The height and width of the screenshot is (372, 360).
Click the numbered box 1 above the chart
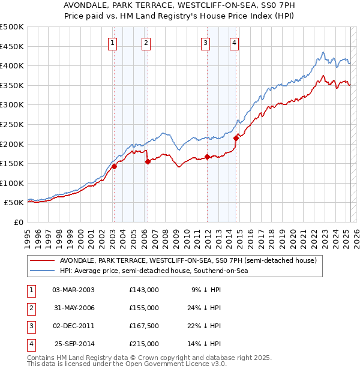click(x=113, y=43)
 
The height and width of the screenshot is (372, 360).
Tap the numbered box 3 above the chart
click(x=205, y=43)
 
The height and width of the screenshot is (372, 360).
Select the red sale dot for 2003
click(x=114, y=167)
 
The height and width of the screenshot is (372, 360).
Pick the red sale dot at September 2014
click(x=236, y=139)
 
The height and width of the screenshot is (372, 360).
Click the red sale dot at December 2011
click(x=207, y=157)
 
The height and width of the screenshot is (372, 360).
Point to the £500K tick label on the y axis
click(x=12, y=27)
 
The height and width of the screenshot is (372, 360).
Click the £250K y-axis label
click(x=12, y=124)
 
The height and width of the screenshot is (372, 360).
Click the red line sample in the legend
click(x=43, y=261)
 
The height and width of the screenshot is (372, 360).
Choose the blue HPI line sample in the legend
click(x=43, y=271)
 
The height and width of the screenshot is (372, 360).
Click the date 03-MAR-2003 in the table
click(x=73, y=290)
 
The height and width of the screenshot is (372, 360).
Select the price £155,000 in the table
click(x=143, y=308)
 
